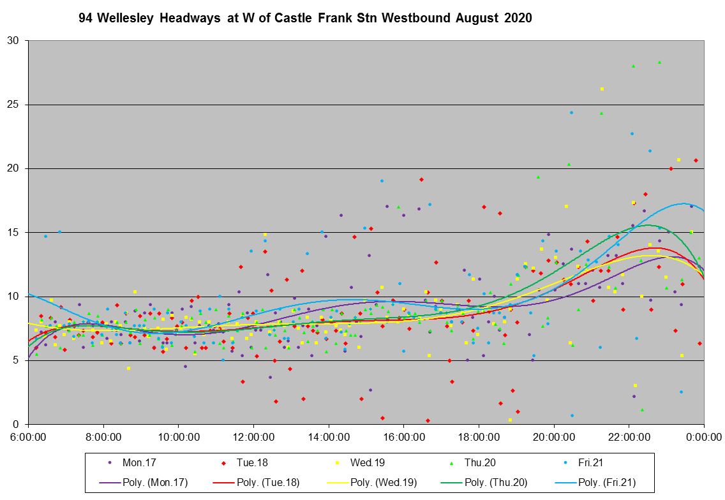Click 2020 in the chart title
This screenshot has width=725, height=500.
[x=518, y=18]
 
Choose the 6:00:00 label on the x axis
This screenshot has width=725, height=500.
[x=28, y=437]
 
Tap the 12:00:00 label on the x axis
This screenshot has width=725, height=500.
[x=253, y=437]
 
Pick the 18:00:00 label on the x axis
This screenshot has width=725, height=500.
[x=479, y=437]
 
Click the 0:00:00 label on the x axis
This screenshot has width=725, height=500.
[x=704, y=437]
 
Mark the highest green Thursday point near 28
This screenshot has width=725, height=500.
[x=659, y=62]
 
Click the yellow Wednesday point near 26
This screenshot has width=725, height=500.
[x=602, y=89]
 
